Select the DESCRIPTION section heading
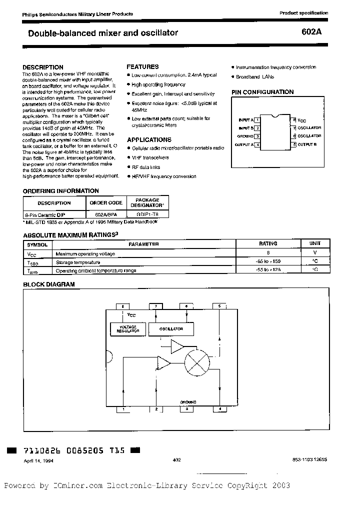(43, 67)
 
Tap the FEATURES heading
(142, 66)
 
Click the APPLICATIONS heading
(149, 140)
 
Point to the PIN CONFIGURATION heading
(262, 92)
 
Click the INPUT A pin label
(245, 120)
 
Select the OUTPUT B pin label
(307, 144)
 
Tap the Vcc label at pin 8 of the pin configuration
(301, 120)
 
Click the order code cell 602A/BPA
(105, 213)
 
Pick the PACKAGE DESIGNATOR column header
(147, 202)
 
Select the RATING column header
(268, 244)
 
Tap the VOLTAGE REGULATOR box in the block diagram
(127, 329)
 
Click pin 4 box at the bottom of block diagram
(219, 409)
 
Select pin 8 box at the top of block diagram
(123, 305)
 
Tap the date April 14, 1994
(38, 461)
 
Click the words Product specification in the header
(303, 13)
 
